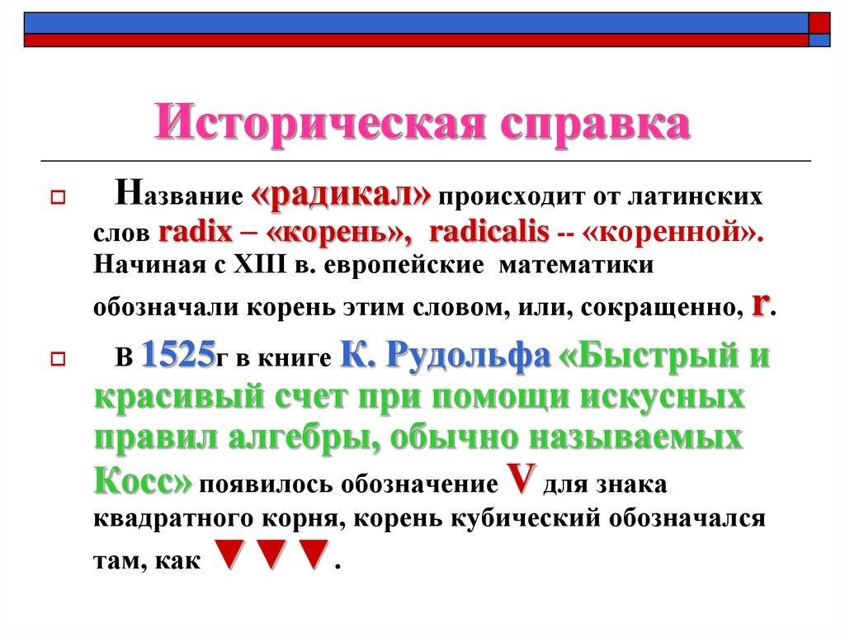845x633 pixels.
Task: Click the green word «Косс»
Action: tap(142, 479)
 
